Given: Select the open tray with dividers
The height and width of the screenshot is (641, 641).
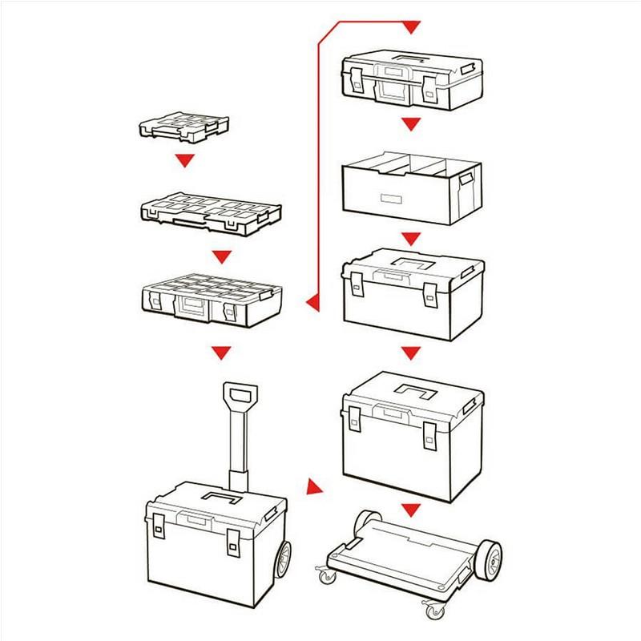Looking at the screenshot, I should [411, 188].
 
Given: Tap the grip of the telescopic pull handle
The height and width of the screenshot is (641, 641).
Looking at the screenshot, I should [240, 396].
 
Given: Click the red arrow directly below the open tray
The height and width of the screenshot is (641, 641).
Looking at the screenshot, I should [411, 239].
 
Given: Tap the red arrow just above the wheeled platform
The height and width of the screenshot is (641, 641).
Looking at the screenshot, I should [411, 510].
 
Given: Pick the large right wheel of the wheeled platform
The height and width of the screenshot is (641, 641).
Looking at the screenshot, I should [488, 558].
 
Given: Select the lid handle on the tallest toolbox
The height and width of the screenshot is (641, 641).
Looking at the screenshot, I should [418, 393].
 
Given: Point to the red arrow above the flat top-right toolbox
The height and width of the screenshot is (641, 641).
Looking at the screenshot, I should [411, 28].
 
